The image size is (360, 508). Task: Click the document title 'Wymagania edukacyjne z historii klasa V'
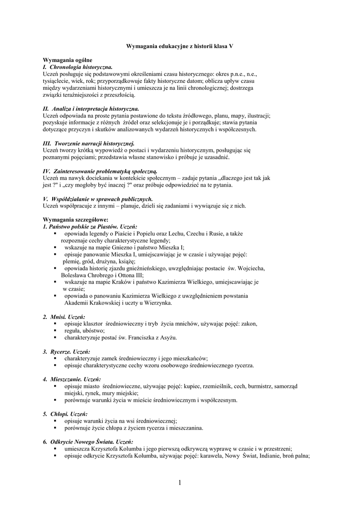pyautogui.click(x=180, y=46)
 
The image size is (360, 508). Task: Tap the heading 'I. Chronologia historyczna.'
pyautogui.click(x=78, y=66)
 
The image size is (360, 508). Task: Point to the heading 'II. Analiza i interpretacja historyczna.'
pyautogui.click(x=91, y=109)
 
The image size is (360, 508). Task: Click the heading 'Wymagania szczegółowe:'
pyautogui.click(x=75, y=220)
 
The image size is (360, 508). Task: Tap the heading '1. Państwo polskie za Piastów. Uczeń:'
pyautogui.click(x=86, y=227)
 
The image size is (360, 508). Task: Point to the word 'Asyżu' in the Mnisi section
pyautogui.click(x=166, y=338)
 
